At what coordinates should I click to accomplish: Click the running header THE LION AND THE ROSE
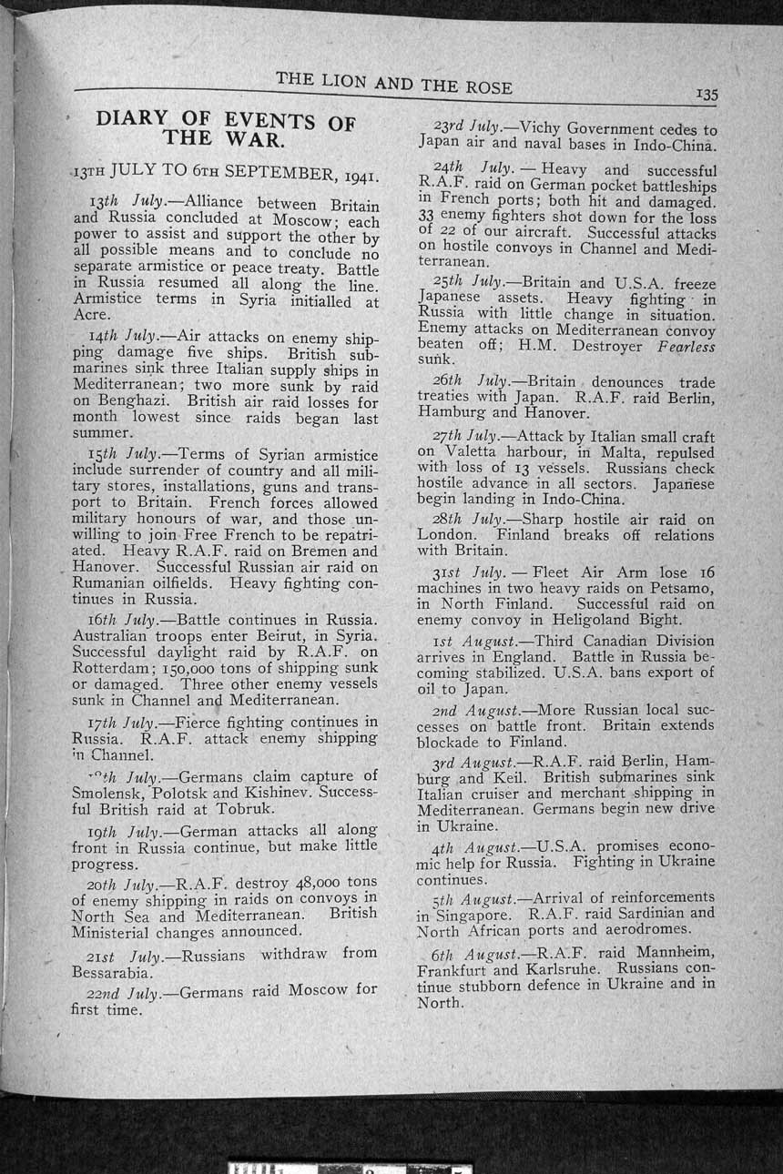393,83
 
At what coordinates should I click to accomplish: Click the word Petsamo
682,587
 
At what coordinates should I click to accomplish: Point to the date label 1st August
486,641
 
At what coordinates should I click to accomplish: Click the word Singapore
471,914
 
